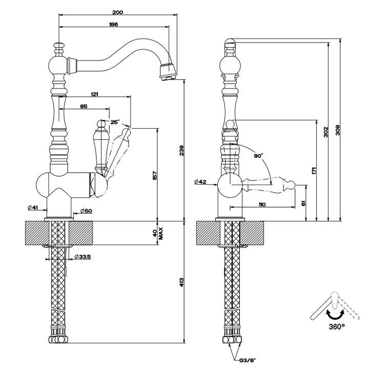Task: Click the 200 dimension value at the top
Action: [117, 12]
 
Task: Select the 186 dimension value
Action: [113, 24]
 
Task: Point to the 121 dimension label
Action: [94, 94]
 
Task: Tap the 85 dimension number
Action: [84, 107]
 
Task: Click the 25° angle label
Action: [115, 122]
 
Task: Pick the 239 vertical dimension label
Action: [181, 151]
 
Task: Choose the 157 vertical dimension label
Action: [155, 176]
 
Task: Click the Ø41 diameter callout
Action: [33, 208]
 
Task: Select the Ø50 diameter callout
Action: [86, 211]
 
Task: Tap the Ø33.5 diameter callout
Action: [83, 257]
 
